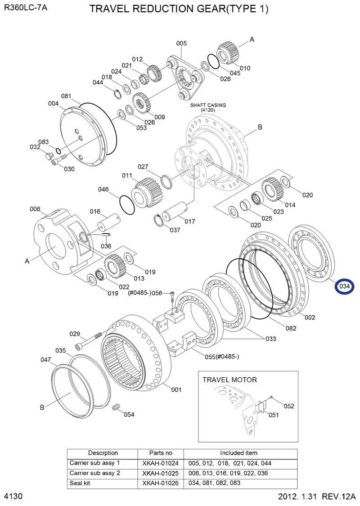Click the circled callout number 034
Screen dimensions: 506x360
pos(345,286)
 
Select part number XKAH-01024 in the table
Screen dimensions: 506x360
pos(161,463)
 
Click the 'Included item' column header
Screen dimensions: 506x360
pos(238,453)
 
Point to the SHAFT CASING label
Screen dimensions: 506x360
pos(208,107)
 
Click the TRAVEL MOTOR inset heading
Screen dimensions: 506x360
pos(229,379)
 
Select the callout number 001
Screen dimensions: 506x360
pos(176,390)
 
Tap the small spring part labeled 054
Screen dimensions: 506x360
pos(117,407)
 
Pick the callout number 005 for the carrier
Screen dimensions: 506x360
pos(181,43)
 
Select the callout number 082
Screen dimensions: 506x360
pos(291,328)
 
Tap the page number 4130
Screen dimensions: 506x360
pos(13,497)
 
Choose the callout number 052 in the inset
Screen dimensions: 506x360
pos(288,406)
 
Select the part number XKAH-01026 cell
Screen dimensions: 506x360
pos(161,483)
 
